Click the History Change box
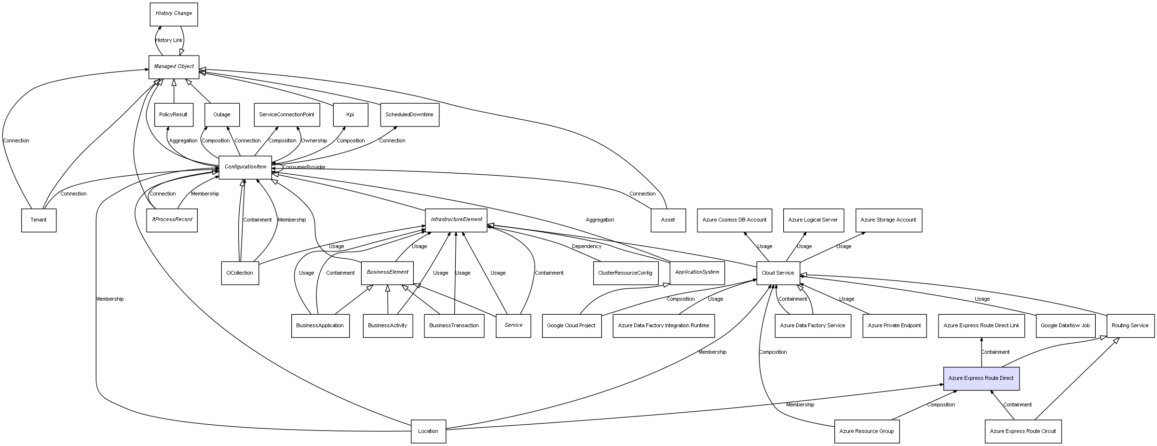(174, 14)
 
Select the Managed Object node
(174, 67)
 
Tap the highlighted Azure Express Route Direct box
(981, 378)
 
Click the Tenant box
(39, 220)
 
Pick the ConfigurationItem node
(245, 167)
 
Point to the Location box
(428, 432)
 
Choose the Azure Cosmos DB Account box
(734, 220)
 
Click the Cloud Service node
(777, 273)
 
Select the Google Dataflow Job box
(1065, 326)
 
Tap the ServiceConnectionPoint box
(286, 115)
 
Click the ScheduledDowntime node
(409, 115)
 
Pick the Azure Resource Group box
(866, 432)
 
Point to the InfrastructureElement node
(456, 220)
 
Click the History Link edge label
(169, 41)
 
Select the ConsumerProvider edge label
(304, 167)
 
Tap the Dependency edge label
(586, 247)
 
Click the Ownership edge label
(314, 141)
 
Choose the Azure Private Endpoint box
(894, 326)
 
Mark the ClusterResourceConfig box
(625, 273)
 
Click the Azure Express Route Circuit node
(1022, 432)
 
